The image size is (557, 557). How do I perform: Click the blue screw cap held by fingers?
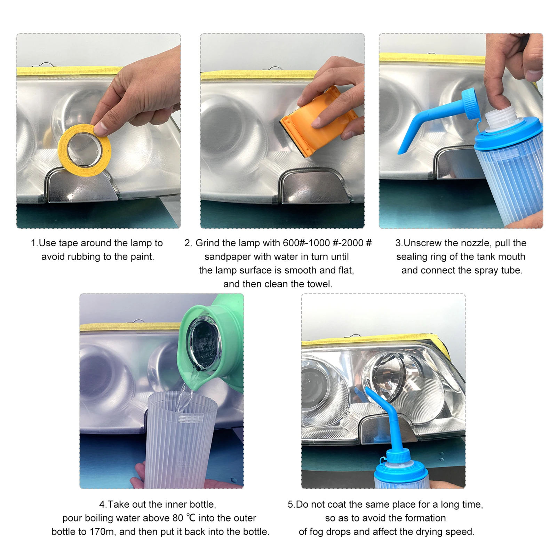tap(471, 103)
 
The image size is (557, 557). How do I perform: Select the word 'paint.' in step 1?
tap(142, 257)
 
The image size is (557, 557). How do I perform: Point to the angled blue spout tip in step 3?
tap(403, 150)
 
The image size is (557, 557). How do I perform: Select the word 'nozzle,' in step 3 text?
tap(474, 243)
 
